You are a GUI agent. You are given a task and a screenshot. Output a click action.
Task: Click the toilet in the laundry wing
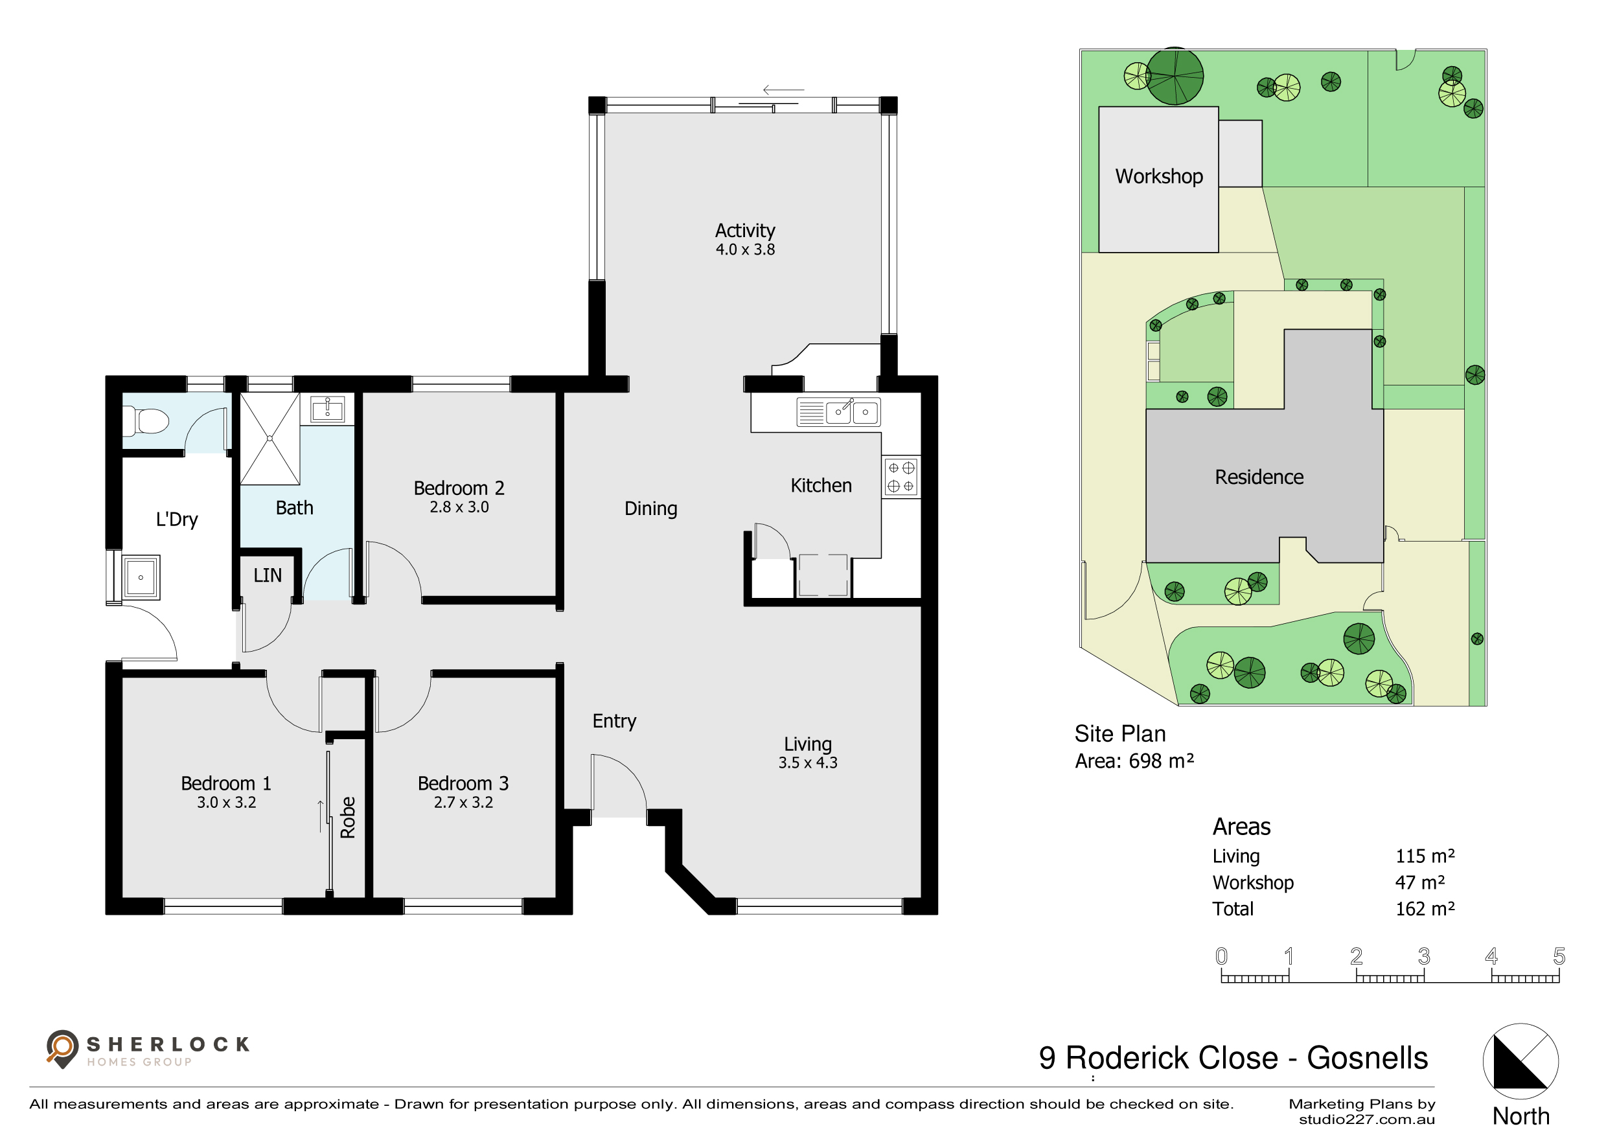point(146,422)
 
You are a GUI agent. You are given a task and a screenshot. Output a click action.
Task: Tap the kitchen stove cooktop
point(901,477)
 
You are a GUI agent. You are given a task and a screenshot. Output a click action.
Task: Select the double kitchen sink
point(839,412)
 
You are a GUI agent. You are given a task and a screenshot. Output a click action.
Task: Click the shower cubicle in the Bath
point(270,439)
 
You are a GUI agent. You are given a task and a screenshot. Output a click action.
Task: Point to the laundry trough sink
point(141,578)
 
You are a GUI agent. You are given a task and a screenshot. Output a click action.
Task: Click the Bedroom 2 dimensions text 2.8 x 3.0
point(459,507)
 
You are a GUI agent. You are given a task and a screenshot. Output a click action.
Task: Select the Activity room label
point(745,230)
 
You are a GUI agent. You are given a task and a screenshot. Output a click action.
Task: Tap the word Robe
point(348,817)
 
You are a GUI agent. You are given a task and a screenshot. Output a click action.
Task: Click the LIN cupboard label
point(267,575)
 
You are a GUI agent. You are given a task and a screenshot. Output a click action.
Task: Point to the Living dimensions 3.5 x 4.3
point(808,762)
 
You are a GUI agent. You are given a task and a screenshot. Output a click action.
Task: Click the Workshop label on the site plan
point(1159,176)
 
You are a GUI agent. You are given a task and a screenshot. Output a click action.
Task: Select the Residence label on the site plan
point(1259,477)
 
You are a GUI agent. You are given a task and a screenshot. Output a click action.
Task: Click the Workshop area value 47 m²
point(1420,882)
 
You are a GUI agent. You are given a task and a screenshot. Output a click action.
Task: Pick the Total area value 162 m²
point(1425,908)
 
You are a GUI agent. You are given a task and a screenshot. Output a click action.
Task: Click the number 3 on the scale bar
point(1424,956)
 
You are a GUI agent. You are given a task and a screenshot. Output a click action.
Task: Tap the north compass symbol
point(1520,1061)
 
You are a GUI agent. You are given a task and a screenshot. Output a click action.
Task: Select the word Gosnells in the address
point(1368,1057)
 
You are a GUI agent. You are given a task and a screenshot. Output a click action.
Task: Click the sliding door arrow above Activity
point(783,89)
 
